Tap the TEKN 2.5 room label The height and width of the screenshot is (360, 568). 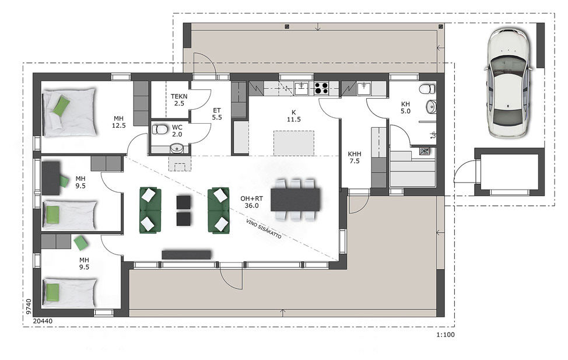click(x=179, y=100)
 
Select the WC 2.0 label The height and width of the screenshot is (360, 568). click(x=177, y=131)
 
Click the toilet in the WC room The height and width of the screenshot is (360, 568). click(x=159, y=129)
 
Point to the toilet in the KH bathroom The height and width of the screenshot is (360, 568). click(x=427, y=89)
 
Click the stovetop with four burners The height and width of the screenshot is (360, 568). click(x=321, y=88)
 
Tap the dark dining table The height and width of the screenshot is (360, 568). click(x=296, y=199)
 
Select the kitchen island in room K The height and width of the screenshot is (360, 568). click(x=294, y=143)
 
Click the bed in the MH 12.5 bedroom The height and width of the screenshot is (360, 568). click(x=70, y=113)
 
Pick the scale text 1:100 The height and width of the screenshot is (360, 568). click(x=445, y=335)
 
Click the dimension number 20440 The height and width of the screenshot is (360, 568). click(x=43, y=321)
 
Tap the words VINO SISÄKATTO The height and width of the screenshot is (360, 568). click(x=264, y=229)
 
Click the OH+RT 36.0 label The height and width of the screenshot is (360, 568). click(x=251, y=202)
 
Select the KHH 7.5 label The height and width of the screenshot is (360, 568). click(x=355, y=158)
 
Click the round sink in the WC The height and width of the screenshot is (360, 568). click(x=177, y=148)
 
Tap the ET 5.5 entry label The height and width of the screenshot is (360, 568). click(x=217, y=114)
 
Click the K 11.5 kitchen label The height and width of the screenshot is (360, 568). click(x=294, y=116)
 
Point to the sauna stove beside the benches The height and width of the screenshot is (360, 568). click(x=424, y=151)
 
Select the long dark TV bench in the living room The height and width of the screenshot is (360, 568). click(x=186, y=254)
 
